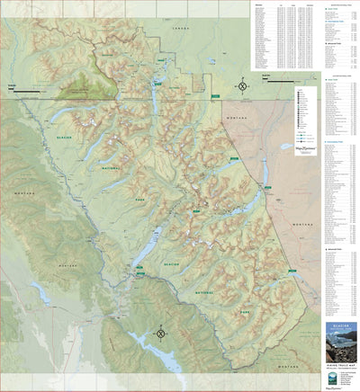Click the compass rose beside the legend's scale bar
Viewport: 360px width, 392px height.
(242, 87)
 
